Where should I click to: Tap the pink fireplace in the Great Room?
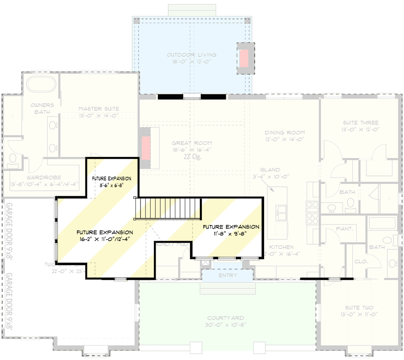click(146, 148)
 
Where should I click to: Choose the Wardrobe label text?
click(44, 177)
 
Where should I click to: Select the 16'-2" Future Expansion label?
click(104, 235)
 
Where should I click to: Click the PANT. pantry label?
click(344, 229)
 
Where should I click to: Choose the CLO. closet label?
click(361, 261)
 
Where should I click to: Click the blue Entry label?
click(228, 275)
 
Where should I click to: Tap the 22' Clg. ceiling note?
click(192, 157)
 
